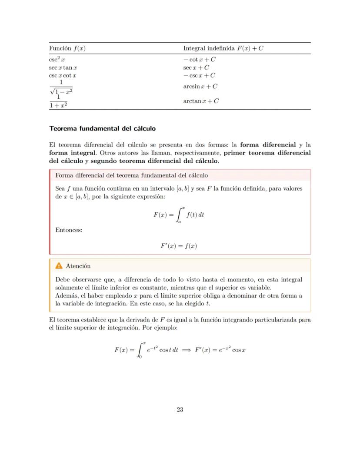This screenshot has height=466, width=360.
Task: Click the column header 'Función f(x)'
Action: click(x=67, y=48)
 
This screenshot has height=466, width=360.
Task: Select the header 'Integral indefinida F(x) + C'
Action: click(x=223, y=48)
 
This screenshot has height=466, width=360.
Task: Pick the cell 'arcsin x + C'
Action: click(x=200, y=86)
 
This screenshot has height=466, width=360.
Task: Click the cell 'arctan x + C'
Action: click(x=201, y=101)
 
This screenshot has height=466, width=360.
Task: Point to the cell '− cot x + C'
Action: click(x=199, y=60)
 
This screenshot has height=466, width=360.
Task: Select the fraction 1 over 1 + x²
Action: click(x=61, y=101)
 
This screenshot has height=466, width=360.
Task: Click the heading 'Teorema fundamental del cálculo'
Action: click(x=102, y=129)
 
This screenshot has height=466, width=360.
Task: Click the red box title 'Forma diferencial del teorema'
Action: click(x=132, y=175)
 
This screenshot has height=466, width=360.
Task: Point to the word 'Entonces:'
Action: click(x=69, y=230)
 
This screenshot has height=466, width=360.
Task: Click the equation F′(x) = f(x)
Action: click(x=179, y=246)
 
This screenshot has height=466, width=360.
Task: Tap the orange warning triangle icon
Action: click(x=59, y=266)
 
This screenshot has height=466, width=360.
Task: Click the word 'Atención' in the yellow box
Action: click(x=78, y=266)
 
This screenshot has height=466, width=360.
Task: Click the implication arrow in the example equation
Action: click(x=187, y=350)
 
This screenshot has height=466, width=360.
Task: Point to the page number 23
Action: click(x=180, y=409)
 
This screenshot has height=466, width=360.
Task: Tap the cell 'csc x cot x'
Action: click(x=63, y=75)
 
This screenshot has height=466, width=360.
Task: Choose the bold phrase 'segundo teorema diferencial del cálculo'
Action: click(x=154, y=161)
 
